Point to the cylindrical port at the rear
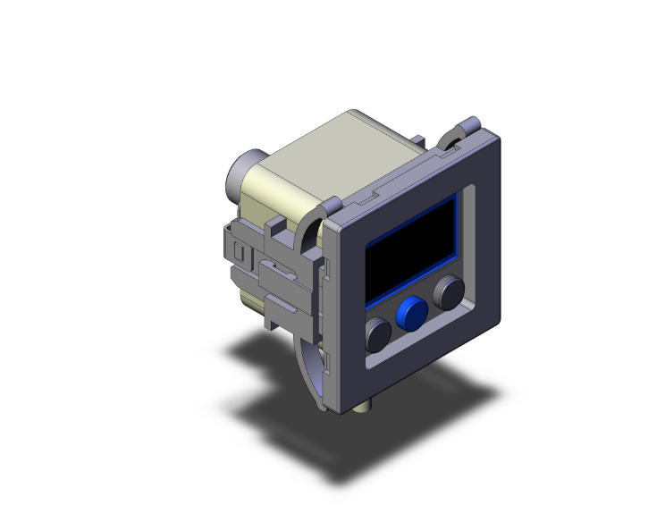242,173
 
